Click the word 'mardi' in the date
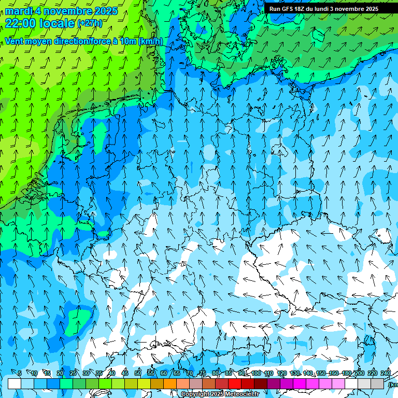click(x=19, y=11)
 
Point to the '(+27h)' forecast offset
click(x=89, y=23)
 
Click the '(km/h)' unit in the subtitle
click(x=150, y=41)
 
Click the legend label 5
click(x=20, y=373)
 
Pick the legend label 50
click(x=138, y=373)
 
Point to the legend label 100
click(x=256, y=373)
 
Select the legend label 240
click(x=386, y=373)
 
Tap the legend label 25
click(x=73, y=373)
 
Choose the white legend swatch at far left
click(x=15, y=383)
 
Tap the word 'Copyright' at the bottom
click(x=195, y=394)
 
